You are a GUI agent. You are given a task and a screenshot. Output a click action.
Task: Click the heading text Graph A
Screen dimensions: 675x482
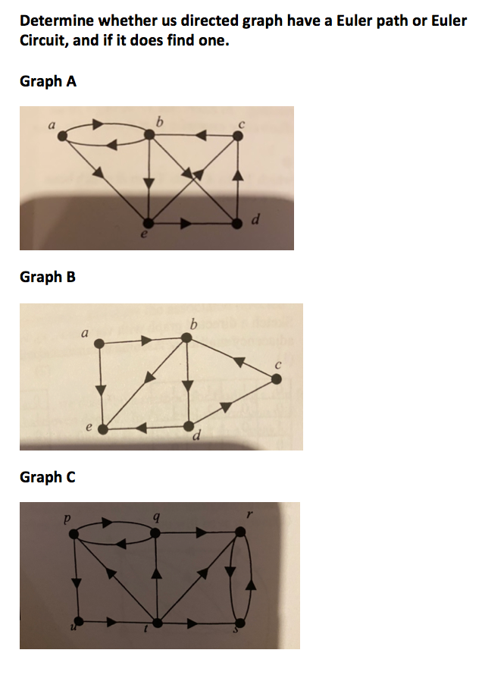pos(48,81)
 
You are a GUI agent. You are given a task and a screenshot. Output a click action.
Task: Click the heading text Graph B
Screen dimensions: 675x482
pos(48,277)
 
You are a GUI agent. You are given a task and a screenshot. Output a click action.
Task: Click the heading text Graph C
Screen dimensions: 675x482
pos(48,477)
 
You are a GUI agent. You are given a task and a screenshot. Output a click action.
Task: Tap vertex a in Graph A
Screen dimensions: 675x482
pos(63,136)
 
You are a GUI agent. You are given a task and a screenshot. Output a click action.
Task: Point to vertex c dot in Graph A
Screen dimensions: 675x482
pos(237,136)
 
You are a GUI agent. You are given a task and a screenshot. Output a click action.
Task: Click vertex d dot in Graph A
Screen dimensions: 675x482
pos(237,223)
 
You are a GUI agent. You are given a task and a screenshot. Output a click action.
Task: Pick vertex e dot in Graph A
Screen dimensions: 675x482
pos(149,223)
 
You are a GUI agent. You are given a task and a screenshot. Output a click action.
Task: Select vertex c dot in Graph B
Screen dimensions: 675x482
pos(277,378)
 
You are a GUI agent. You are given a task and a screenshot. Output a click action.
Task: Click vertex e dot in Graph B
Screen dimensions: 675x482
pos(100,429)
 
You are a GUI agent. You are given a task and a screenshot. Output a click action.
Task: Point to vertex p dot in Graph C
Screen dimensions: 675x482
pos(74,535)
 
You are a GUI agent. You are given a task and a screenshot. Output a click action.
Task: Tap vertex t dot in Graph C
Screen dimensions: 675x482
pos(158,623)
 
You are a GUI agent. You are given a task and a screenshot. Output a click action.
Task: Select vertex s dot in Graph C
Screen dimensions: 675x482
pos(240,623)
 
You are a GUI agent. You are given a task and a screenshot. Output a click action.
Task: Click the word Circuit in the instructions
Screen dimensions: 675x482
pos(42,40)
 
